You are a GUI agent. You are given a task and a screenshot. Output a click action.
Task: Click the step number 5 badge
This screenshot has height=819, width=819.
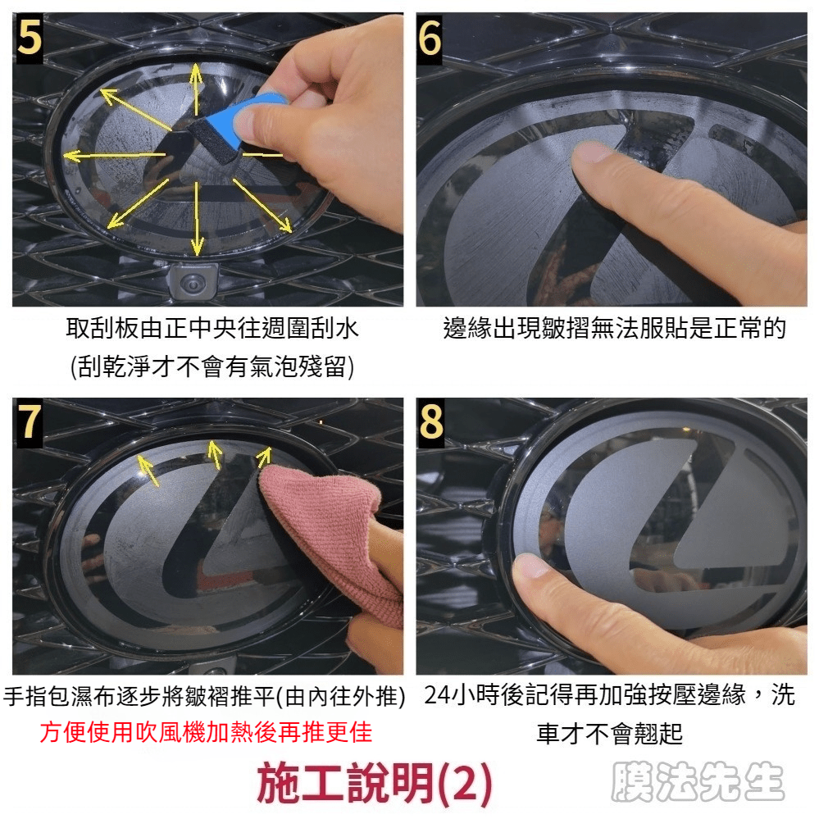click(x=30, y=39)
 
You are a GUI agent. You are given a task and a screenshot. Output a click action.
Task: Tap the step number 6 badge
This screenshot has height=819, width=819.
click(x=430, y=39)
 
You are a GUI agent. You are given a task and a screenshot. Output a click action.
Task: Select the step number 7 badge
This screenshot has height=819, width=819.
click(x=30, y=422)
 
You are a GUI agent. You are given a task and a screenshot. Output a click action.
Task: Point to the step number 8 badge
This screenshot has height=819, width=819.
click(x=430, y=422)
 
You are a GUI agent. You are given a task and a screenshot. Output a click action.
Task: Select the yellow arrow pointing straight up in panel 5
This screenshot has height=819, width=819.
click(x=196, y=89)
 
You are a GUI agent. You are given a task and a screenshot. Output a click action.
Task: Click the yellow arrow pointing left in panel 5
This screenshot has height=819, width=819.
click(x=115, y=155)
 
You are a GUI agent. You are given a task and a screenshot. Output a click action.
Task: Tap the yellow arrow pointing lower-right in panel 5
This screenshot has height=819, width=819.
click(x=262, y=206)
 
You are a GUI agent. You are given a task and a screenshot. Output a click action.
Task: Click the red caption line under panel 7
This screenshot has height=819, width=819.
click(x=206, y=732)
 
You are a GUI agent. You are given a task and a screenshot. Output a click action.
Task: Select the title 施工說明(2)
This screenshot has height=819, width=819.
click(x=374, y=783)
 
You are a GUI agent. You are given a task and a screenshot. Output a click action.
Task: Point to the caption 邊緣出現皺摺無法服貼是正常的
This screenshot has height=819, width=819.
click(x=614, y=329)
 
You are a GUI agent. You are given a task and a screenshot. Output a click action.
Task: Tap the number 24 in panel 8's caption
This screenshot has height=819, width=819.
click(x=438, y=695)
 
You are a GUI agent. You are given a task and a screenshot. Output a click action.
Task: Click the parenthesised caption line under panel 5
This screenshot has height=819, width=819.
click(x=212, y=366)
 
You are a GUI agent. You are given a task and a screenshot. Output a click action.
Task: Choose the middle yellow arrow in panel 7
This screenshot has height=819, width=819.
click(x=215, y=454)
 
